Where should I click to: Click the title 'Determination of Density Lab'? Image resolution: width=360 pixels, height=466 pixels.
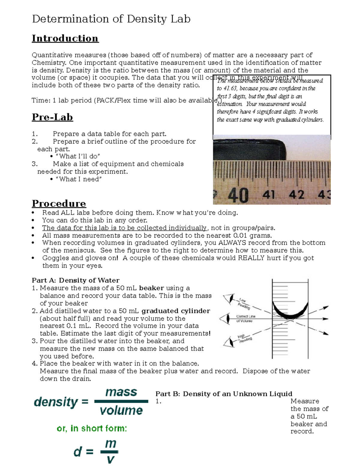(111, 19)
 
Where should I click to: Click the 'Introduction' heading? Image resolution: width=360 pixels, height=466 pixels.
(65, 38)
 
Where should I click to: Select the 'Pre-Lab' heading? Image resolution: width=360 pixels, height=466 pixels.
(52, 117)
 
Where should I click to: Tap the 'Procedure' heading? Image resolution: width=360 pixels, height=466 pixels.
(59, 203)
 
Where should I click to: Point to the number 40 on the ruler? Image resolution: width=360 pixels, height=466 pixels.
(238, 195)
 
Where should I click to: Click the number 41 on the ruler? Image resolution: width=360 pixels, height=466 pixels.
(268, 195)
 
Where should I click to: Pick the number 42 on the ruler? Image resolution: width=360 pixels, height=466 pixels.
(296, 195)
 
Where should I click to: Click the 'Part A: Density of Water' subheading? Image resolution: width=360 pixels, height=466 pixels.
(76, 280)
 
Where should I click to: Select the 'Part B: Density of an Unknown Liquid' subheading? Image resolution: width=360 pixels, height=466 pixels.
(223, 394)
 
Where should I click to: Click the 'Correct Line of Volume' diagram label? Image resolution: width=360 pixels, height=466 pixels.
(245, 318)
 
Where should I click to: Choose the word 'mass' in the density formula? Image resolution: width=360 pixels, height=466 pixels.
(121, 392)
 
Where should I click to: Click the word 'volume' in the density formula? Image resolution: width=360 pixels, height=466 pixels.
(121, 410)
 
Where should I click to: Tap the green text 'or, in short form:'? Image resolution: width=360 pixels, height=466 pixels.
(92, 428)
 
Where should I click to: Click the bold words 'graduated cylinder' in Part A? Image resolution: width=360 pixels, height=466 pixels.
(175, 311)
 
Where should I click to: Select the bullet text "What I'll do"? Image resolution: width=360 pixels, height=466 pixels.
(78, 156)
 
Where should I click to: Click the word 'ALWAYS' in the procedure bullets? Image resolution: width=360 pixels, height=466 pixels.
(231, 243)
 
